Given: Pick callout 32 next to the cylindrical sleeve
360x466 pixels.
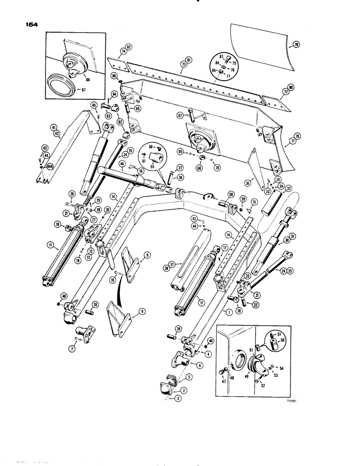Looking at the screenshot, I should point(289,189).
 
